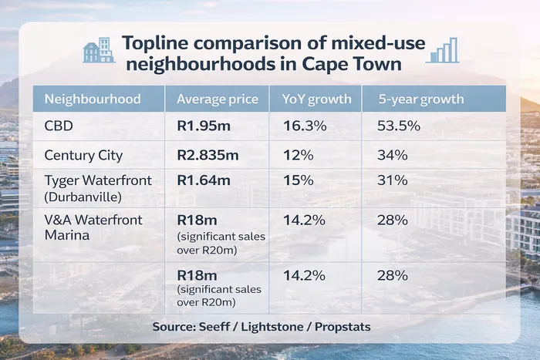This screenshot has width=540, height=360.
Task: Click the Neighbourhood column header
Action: click(93, 99)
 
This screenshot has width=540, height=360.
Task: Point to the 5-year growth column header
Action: click(420, 99)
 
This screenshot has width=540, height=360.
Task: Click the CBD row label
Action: click(59, 126)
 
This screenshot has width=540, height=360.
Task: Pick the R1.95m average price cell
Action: click(204, 126)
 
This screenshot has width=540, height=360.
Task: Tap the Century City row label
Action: click(84, 155)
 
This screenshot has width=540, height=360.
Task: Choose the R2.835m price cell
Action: click(208, 155)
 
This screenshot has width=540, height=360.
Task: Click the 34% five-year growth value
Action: click(392, 155)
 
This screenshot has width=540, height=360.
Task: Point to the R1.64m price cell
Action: click(204, 180)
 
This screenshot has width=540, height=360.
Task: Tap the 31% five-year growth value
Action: click(392, 180)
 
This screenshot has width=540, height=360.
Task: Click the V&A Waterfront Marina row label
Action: click(93, 227)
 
